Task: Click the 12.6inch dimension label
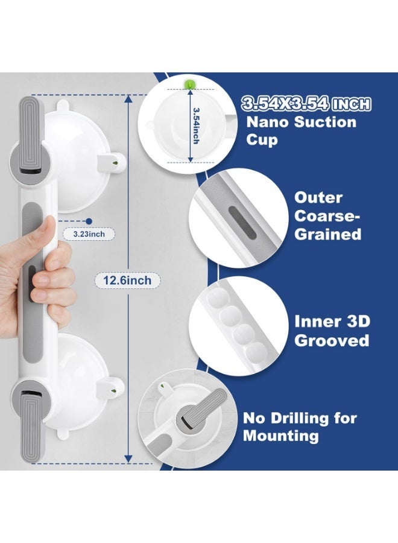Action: [127, 280]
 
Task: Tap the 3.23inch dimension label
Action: [89, 234]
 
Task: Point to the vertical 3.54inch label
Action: [196, 125]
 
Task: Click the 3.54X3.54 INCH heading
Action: [306, 104]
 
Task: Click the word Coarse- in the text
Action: [327, 216]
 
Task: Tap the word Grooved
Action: [332, 340]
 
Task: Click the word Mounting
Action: [280, 436]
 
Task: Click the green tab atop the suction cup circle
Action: [189, 84]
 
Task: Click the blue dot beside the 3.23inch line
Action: [89, 221]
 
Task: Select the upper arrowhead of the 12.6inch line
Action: [128, 99]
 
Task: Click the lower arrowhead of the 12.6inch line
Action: [128, 459]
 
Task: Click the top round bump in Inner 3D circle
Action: [216, 298]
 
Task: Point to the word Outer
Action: [318, 198]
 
